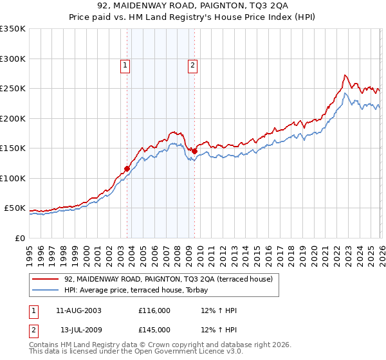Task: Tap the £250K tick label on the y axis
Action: (x=13, y=89)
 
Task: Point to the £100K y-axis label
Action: (x=13, y=178)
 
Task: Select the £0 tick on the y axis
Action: (x=19, y=238)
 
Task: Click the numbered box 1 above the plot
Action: (x=124, y=64)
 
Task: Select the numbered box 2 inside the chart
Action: (x=192, y=64)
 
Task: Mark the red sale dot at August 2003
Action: (x=127, y=168)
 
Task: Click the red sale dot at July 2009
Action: (x=194, y=151)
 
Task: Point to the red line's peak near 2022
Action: (x=345, y=75)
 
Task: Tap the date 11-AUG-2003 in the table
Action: (x=78, y=310)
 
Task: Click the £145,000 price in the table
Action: (x=154, y=330)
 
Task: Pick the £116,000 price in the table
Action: (x=154, y=310)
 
